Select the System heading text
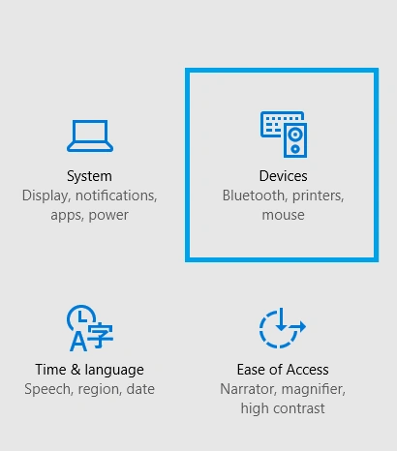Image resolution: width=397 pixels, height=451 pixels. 89,176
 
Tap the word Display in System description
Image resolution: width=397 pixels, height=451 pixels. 46,195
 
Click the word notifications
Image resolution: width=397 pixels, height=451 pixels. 116,195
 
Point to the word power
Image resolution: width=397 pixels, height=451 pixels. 108,216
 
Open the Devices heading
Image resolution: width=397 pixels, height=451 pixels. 284,176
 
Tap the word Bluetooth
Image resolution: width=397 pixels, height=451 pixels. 253,195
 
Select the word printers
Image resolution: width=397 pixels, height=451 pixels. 317,196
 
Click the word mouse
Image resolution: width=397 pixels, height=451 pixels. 283,215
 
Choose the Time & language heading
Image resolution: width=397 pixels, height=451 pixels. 89,370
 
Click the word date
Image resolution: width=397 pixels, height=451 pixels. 140,389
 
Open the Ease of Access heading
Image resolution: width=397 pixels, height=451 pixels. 283,370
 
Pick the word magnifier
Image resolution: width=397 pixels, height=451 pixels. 314,390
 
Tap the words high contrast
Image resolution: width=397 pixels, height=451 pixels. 283,408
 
